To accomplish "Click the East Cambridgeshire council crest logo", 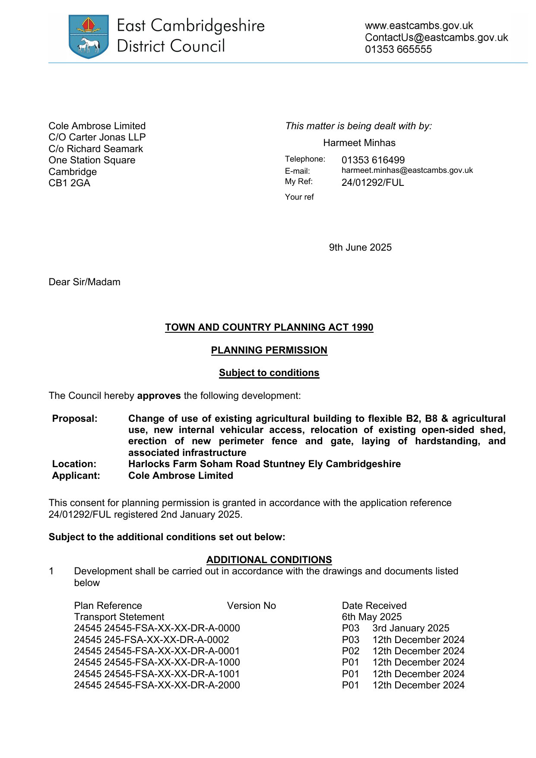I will [x=89, y=36].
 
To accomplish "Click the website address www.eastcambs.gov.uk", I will [x=419, y=26].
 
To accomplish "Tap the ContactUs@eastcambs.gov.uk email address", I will [x=436, y=38].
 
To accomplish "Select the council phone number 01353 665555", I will [x=398, y=49].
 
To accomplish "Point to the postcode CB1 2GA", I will [x=69, y=183].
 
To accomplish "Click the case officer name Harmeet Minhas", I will [x=359, y=143].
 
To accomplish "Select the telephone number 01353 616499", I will [x=373, y=160].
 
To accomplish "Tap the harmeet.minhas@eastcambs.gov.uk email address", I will [x=407, y=170].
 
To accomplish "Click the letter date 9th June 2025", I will [x=360, y=248].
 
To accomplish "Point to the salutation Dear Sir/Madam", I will [x=84, y=282].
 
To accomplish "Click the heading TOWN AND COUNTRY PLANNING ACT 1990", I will [x=269, y=328].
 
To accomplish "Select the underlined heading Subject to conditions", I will [x=269, y=373].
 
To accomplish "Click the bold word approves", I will [x=159, y=396].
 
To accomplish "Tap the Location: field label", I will [x=74, y=464].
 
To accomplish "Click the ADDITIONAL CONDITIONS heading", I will [x=269, y=560].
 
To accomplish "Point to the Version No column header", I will [x=251, y=606].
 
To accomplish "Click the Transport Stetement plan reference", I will [x=119, y=617].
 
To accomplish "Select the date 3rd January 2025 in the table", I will [x=410, y=628].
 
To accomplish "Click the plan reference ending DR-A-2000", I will [x=157, y=685].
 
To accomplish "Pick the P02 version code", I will [x=350, y=651].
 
